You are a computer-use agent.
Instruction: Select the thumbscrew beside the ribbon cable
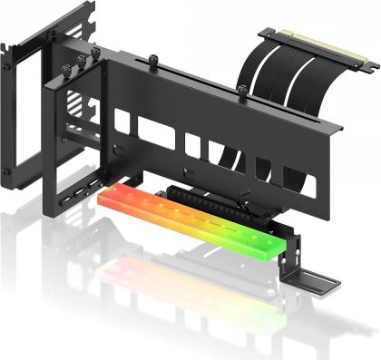242,91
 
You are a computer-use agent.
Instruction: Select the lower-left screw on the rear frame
8,170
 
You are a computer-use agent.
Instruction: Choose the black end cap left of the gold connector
266,34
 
